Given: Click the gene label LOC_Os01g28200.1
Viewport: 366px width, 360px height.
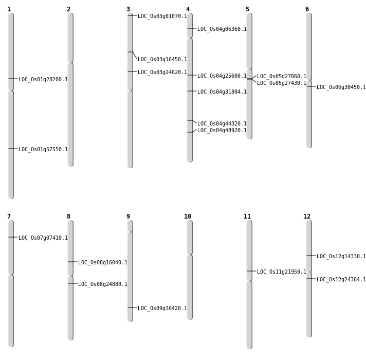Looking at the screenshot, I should click(x=43, y=80).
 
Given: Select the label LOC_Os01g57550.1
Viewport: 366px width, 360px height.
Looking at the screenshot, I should click(x=43, y=150).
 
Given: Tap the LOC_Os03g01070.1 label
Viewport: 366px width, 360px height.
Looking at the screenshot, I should click(x=162, y=16).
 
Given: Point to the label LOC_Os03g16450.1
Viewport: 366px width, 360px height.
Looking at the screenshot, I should click(x=162, y=60).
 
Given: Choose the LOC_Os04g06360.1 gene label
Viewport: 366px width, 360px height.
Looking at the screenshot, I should click(x=222, y=29).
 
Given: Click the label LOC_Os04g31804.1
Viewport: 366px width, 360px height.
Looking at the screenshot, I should click(x=222, y=92).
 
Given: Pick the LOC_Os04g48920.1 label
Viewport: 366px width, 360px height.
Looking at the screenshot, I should click(x=222, y=131).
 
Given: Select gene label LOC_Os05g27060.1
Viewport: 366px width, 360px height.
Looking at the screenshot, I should click(x=282, y=77).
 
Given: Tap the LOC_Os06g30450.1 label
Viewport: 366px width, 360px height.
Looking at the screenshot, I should click(x=341, y=87).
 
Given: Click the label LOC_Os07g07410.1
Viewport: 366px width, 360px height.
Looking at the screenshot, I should click(x=43, y=238).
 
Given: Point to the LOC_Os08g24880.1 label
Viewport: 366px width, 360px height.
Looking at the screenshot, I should click(x=103, y=284).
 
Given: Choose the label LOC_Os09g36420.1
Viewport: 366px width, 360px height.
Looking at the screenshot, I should click(x=162, y=309).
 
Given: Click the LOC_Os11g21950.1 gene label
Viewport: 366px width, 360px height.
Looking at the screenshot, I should click(x=282, y=272).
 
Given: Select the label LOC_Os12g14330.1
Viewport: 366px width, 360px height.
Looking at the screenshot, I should click(x=341, y=257).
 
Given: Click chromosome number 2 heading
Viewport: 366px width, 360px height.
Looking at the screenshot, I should click(x=68, y=9).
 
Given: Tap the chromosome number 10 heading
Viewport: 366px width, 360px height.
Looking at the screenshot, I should click(x=188, y=217).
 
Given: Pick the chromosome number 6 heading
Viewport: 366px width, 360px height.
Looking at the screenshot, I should click(x=307, y=9).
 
